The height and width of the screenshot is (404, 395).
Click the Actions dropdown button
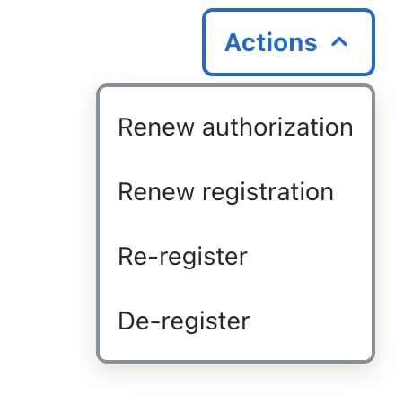pyautogui.click(x=288, y=42)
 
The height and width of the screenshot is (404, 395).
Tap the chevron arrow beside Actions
pyautogui.click(x=339, y=42)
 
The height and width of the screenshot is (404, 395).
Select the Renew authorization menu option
pyautogui.click(x=235, y=127)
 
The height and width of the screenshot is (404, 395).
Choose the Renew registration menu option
pyautogui.click(x=225, y=192)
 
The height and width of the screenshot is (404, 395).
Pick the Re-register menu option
pyautogui.click(x=183, y=257)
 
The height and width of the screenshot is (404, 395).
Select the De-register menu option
pyautogui.click(x=184, y=321)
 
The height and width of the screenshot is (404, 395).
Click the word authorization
pyautogui.click(x=277, y=127)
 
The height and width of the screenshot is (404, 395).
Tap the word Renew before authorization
pyautogui.click(x=156, y=127)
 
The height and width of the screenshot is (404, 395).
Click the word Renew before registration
pyautogui.click(x=156, y=192)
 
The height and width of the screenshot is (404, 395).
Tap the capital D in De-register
pyautogui.click(x=126, y=321)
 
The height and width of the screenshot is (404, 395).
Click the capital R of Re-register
pyautogui.click(x=126, y=257)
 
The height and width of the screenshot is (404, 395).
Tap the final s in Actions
pyautogui.click(x=311, y=45)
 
